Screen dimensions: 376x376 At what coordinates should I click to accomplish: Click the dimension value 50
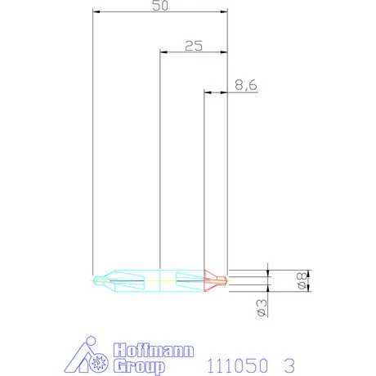coord(159,6)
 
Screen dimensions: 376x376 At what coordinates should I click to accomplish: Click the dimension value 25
coord(193,46)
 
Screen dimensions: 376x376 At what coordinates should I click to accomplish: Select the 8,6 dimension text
coord(245,84)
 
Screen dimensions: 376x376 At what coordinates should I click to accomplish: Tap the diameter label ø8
coord(301,280)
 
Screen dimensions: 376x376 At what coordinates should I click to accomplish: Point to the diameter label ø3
coord(261,307)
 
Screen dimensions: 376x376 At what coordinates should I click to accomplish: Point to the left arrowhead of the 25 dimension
coord(163,52)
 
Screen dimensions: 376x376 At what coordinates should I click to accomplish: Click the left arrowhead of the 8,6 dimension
coord(206,92)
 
